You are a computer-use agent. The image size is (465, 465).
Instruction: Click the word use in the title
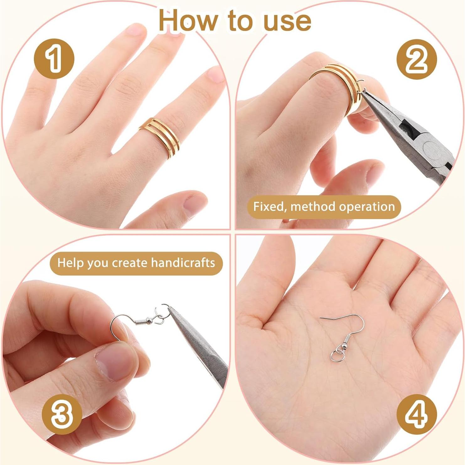[x=287, y=21]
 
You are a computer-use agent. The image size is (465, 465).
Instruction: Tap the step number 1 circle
[x=54, y=59]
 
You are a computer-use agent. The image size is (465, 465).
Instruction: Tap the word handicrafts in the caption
[x=183, y=263]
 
